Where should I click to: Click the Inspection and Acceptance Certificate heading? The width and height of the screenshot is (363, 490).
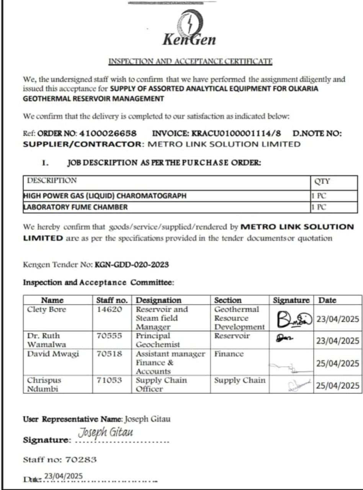tap(191, 61)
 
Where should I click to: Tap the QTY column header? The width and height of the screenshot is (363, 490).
tap(322, 181)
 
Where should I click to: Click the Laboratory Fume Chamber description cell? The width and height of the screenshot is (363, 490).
tap(75, 207)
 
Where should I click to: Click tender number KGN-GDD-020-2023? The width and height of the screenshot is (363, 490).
tap(132, 265)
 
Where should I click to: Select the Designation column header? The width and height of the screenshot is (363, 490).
tap(159, 300)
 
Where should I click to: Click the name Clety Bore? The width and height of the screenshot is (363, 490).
tap(46, 309)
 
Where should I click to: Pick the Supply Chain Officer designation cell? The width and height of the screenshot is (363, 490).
tap(162, 384)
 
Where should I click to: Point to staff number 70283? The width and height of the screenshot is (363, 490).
tap(81, 459)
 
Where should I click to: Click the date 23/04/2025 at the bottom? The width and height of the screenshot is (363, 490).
tap(64, 476)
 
